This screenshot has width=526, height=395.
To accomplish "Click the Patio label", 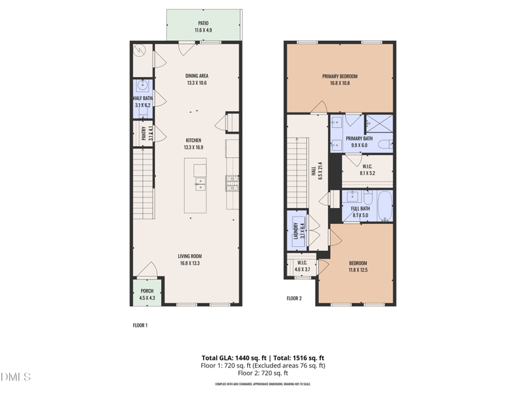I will [x=203, y=24].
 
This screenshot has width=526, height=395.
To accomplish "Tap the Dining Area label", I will [x=197, y=76].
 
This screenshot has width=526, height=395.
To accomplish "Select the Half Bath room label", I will [x=143, y=99].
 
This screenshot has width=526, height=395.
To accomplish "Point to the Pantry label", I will [x=144, y=133].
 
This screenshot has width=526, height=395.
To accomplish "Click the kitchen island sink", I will [x=200, y=184].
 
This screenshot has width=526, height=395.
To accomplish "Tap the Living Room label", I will [x=189, y=256].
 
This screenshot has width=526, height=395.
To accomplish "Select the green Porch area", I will [x=147, y=294].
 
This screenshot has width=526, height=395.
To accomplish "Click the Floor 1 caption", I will [x=140, y=325].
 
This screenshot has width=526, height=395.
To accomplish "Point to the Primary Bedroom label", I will [x=339, y=76].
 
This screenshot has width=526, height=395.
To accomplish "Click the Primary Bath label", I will [x=359, y=138].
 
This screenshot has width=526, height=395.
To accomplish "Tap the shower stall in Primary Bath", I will [x=379, y=122].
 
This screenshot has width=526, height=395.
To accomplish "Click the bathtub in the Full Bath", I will [x=383, y=205].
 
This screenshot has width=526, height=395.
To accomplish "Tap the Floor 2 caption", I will [x=294, y=298].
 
